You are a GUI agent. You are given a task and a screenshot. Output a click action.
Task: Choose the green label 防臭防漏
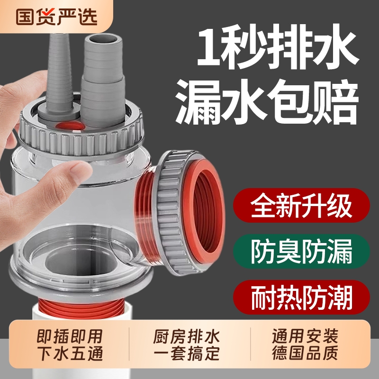pyautogui.click(x=301, y=252)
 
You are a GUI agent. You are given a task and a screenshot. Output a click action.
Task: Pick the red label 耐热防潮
pyautogui.click(x=301, y=295)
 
